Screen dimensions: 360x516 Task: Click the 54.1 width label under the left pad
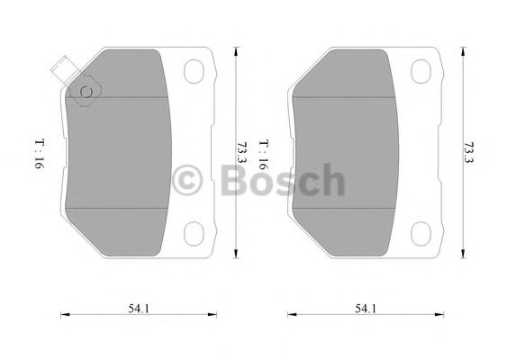click(x=139, y=309)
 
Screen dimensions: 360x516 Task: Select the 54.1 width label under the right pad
click(x=365, y=309)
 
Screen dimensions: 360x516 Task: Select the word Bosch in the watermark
click(x=282, y=181)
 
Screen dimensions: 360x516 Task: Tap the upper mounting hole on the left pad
click(x=195, y=71)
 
